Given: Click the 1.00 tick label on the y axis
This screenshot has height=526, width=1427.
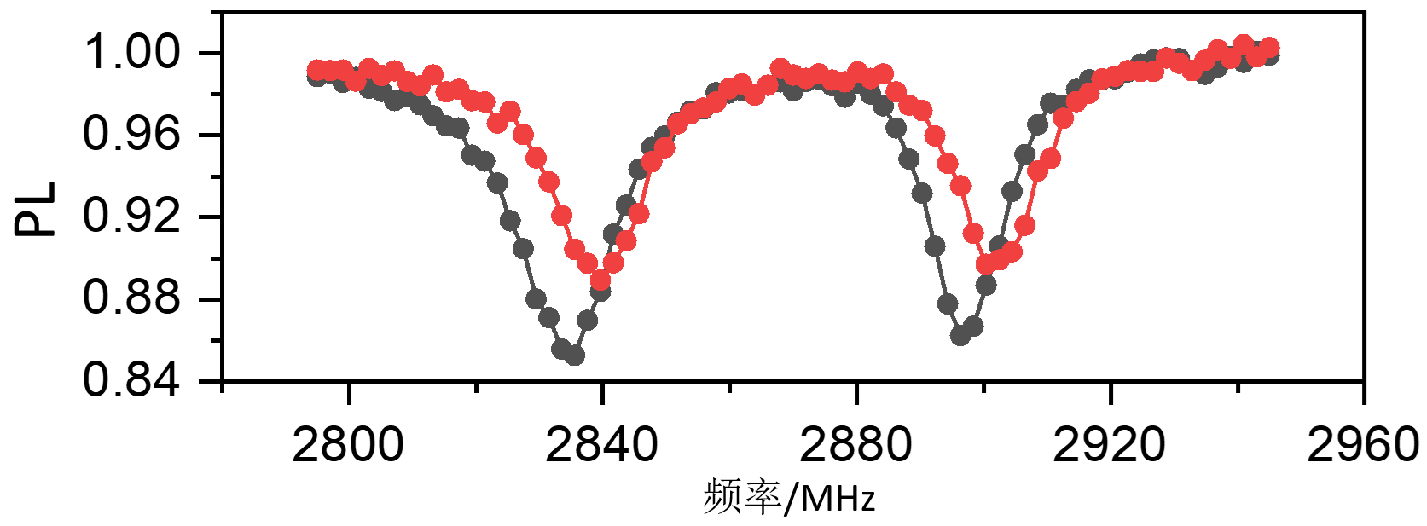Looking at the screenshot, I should pyautogui.click(x=132, y=53).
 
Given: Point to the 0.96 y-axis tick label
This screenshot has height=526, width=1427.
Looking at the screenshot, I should pyautogui.click(x=132, y=134).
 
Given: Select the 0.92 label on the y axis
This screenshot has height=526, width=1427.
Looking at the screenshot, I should pyautogui.click(x=132, y=216).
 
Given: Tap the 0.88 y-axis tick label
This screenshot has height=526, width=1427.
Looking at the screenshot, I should pyautogui.click(x=132, y=298).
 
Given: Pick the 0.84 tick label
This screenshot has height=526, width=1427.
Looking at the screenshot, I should pyautogui.click(x=132, y=379).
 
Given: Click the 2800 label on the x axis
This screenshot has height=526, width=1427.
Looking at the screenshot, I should pyautogui.click(x=348, y=445).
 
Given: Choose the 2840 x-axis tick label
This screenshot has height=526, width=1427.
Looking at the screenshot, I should pyautogui.click(x=601, y=445).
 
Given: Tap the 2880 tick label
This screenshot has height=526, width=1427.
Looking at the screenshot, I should pyautogui.click(x=856, y=445).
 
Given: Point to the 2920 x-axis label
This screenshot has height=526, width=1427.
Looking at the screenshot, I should pyautogui.click(x=1109, y=445).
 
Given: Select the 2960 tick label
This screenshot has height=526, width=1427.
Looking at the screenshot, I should pyautogui.click(x=1362, y=445).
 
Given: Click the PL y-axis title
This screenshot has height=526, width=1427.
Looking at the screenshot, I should pyautogui.click(x=36, y=209).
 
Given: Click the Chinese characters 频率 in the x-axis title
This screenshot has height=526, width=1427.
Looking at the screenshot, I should pyautogui.click(x=741, y=497).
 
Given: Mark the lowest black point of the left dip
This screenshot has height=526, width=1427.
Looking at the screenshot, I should pyautogui.click(x=575, y=355).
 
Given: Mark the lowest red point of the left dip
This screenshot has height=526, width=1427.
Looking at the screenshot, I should pyautogui.click(x=600, y=280).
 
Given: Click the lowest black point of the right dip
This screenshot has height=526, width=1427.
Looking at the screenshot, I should pyautogui.click(x=960, y=335).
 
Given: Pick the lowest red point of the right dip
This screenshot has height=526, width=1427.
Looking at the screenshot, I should pyautogui.click(x=986, y=264).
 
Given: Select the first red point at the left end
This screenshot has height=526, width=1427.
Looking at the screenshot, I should pyautogui.click(x=316, y=69).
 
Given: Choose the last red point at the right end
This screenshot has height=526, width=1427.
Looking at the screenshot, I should pyautogui.click(x=1269, y=47).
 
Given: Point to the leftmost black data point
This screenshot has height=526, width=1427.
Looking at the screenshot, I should pyautogui.click(x=316, y=77).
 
